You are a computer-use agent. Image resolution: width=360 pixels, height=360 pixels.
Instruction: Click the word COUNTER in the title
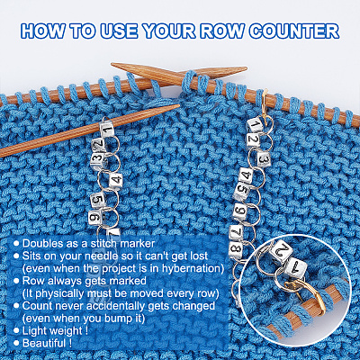pos(294,31)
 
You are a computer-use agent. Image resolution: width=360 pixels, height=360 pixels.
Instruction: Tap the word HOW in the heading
pos(42,31)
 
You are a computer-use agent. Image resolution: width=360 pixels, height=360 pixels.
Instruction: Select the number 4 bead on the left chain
pos(115,180)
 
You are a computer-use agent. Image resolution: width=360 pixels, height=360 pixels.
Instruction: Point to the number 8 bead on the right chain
pos(237,248)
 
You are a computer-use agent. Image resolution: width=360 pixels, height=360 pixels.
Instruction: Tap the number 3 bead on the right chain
pos(263,158)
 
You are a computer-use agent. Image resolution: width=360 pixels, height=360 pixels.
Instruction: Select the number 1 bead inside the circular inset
pos(295,268)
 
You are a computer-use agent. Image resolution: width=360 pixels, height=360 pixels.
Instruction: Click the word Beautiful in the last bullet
pos(44,343)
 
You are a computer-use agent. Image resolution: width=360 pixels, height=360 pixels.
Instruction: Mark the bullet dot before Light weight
pos(17,330)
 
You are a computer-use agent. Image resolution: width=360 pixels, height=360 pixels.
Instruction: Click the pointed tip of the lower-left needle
pos(179,105)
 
